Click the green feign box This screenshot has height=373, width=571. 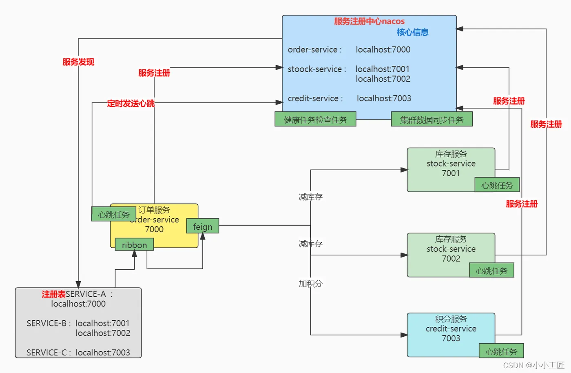tap(202, 226)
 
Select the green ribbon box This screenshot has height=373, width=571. tap(134, 245)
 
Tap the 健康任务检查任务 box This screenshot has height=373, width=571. tap(315, 120)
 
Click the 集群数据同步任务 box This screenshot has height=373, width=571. tap(432, 120)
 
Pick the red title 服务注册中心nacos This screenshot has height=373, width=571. tap(369, 21)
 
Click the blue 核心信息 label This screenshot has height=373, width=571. tap(412, 32)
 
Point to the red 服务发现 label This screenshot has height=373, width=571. tap(78, 62)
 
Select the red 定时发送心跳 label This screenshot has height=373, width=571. tap(131, 103)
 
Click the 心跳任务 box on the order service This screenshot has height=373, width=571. tap(113, 214)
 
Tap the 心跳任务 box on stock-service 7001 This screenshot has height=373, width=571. tap(497, 185)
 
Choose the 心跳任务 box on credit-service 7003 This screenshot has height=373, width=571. tap(501, 351)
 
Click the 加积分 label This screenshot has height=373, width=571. tap(310, 284)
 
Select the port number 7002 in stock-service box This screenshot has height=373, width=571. tap(451, 259)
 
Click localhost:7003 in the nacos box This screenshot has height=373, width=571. tap(384, 98)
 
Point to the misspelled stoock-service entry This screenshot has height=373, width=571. tap(314, 69)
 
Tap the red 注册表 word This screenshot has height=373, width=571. tap(53, 294)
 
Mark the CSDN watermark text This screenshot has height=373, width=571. tap(533, 365)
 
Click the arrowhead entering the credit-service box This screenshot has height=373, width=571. tap(404, 335)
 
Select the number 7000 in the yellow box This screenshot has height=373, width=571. tap(154, 229)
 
